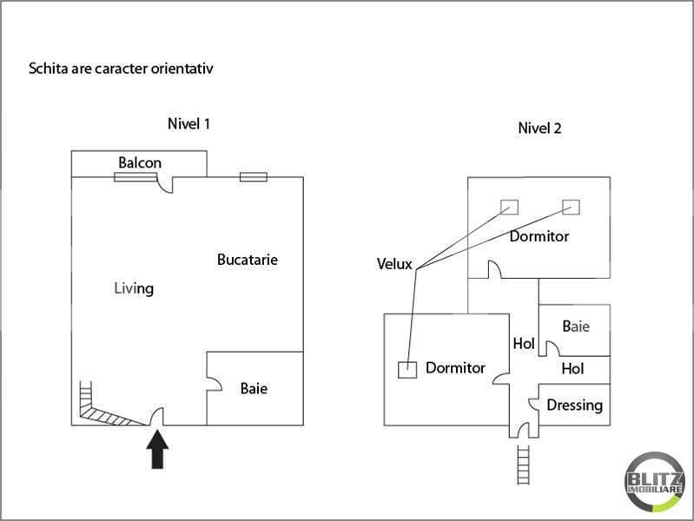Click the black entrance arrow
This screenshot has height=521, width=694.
[157, 450]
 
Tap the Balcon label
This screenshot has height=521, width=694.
[140, 163]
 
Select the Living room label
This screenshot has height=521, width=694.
[134, 288]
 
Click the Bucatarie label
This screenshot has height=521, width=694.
[248, 260]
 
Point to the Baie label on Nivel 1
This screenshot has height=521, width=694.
[254, 388]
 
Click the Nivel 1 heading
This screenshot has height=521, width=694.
[188, 124]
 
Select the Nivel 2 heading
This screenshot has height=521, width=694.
[539, 129]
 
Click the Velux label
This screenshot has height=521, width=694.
[394, 263]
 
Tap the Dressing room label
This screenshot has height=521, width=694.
[574, 405]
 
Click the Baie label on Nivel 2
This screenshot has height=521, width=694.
[576, 326]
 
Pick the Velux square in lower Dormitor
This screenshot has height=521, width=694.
[406, 369]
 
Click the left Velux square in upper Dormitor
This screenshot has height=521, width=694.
[509, 207]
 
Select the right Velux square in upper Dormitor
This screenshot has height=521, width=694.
[571, 207]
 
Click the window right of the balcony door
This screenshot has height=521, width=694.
[253, 177]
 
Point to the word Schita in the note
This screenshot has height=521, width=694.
[47, 68]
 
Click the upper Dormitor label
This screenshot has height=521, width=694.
[539, 236]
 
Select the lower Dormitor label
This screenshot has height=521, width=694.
[455, 368]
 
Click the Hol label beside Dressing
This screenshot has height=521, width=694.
[572, 369]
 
